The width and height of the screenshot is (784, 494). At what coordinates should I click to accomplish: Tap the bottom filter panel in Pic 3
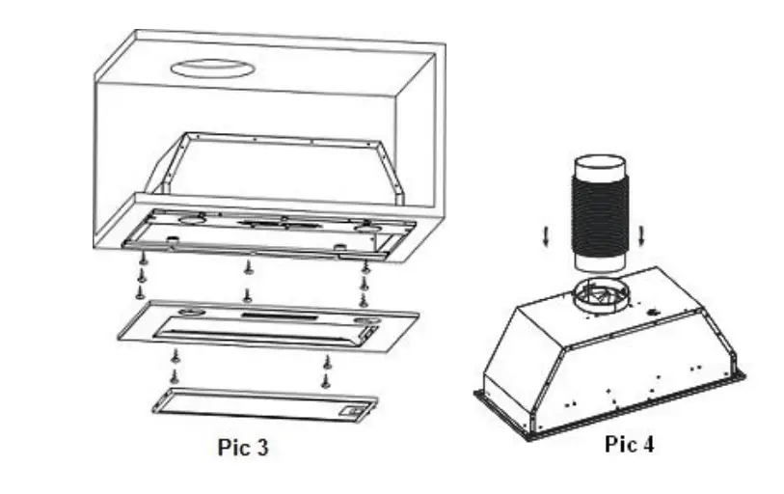(260, 402)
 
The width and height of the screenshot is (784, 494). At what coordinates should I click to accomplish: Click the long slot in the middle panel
(280, 316)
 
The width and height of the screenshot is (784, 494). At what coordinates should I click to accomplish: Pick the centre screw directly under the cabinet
(248, 266)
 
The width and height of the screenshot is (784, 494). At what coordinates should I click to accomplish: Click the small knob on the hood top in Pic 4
(653, 312)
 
